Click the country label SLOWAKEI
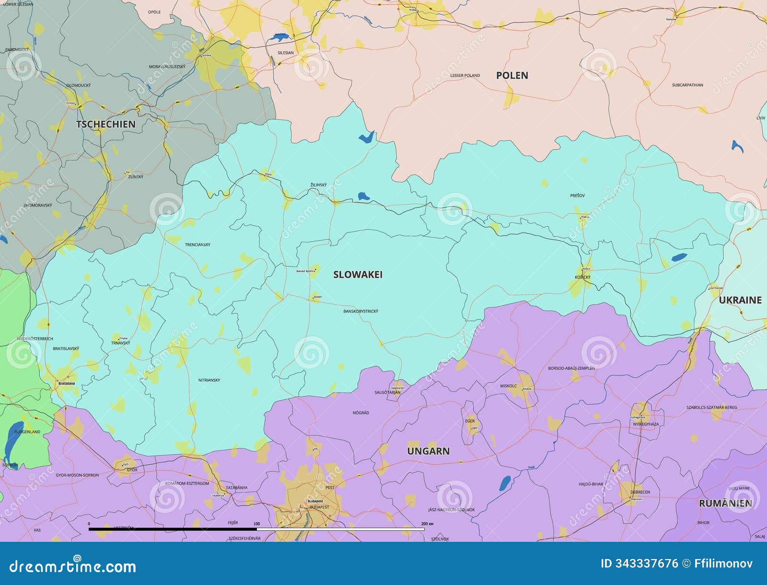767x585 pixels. [x=358, y=275]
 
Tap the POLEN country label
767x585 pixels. [x=512, y=75]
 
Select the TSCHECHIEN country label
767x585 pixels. [x=105, y=124]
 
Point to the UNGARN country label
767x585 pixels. [x=428, y=451]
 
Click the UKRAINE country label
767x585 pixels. [x=740, y=300]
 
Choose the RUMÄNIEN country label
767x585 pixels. [x=725, y=503]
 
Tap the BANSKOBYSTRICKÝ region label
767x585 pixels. [x=360, y=312]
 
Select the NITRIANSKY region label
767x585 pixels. [x=209, y=380]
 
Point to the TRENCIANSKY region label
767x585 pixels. [x=198, y=245]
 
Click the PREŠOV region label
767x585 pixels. [x=577, y=196]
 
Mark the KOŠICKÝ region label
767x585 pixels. [x=582, y=278]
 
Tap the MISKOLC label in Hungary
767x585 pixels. [x=508, y=386]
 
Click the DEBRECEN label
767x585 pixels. [x=640, y=492]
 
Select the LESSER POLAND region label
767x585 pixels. [x=465, y=76]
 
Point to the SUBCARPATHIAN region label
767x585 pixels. [x=687, y=85]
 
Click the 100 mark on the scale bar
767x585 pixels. [x=256, y=524]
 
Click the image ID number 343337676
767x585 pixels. [x=646, y=563]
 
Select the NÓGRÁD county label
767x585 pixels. [x=360, y=413]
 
